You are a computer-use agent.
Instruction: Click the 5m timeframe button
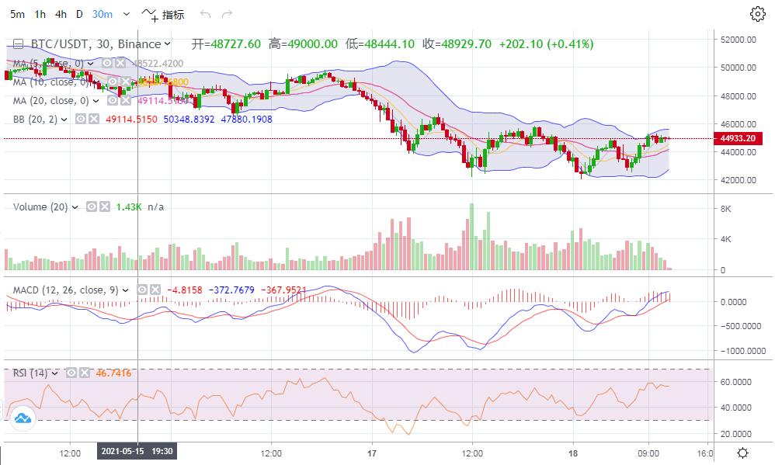(17, 14)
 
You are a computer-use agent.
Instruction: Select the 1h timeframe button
(40, 14)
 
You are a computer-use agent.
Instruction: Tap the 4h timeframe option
(61, 14)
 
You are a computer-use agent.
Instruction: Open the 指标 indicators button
(164, 14)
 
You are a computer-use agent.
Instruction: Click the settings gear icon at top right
(757, 14)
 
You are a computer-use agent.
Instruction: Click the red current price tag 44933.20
(738, 138)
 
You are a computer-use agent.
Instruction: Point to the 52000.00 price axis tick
(739, 40)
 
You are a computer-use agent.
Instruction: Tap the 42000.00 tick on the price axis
(739, 180)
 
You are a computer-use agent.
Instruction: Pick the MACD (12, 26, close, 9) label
(65, 290)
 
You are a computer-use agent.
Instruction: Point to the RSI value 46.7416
(113, 373)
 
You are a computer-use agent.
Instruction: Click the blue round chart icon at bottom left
(23, 419)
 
